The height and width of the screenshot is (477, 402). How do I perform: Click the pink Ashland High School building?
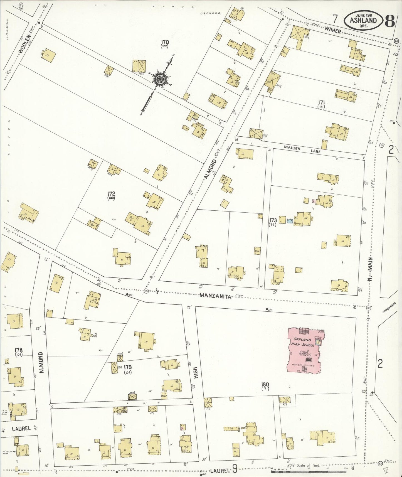(x=305, y=351)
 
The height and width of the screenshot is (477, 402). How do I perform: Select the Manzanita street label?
(x=215, y=296)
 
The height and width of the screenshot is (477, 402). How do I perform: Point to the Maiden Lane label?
(x=302, y=150)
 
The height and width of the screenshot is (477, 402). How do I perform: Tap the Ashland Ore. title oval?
(x=363, y=20)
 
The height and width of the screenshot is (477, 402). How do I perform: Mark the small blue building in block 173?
(x=290, y=221)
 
